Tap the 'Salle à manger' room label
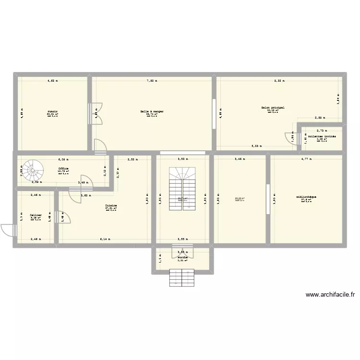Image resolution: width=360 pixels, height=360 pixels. pyautogui.click(x=152, y=111)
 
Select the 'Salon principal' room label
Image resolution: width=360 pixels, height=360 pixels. pyautogui.click(x=273, y=108)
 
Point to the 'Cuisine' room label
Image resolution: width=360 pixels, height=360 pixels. pyautogui.click(x=111, y=205)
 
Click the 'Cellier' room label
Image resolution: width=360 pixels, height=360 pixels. pyautogui.click(x=35, y=216)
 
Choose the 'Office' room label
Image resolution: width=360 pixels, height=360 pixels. pyautogui.click(x=63, y=168)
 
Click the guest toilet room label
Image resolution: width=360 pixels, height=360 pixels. pyautogui.click(x=322, y=136)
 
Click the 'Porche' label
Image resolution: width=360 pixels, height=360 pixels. pyautogui.click(x=182, y=258)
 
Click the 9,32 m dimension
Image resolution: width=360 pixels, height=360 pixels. pyautogui.click(x=279, y=81)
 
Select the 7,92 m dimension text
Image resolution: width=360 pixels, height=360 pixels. pyautogui.click(x=152, y=81)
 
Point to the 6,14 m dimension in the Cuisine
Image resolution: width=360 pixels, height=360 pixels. pyautogui.click(x=105, y=239)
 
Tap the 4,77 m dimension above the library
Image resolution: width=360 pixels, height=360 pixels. pyautogui.click(x=306, y=158)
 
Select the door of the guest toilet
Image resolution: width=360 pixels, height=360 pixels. pyautogui.click(x=291, y=137)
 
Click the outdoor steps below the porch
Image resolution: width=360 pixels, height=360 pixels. pyautogui.click(x=182, y=277)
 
